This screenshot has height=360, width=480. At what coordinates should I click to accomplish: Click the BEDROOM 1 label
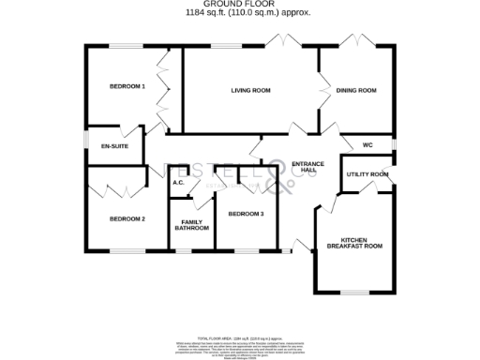click(x=127, y=86)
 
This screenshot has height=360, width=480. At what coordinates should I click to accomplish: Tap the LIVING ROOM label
click(x=251, y=91)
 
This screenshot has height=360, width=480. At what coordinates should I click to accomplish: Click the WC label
click(x=367, y=145)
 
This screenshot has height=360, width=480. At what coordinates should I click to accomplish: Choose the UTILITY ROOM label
click(x=367, y=174)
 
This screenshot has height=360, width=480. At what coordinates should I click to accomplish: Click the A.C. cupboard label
click(x=177, y=184)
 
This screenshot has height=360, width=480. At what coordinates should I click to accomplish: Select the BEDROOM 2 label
click(x=127, y=219)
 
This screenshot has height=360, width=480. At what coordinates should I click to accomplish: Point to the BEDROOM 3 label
click(x=247, y=214)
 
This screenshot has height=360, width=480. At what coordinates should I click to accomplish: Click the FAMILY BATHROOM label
click(x=191, y=225)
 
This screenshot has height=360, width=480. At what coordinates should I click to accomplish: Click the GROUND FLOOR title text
click(x=240, y=5)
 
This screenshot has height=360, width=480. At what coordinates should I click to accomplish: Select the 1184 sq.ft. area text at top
click(x=240, y=12)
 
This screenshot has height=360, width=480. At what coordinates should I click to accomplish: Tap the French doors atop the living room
click(x=279, y=42)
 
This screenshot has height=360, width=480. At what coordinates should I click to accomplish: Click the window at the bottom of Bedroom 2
click(x=127, y=251)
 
